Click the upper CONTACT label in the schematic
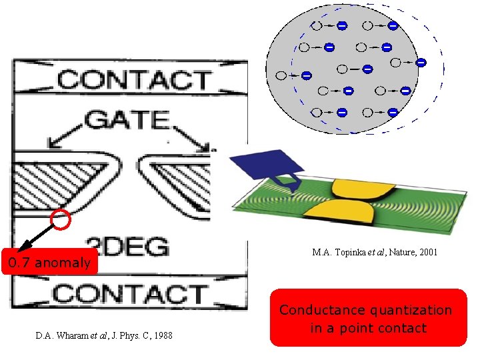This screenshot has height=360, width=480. pyautogui.click(x=133, y=80)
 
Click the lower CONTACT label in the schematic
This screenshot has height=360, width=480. pyautogui.click(x=131, y=294)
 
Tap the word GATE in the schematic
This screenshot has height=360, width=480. pyautogui.click(x=126, y=120)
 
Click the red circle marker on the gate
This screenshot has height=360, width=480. pyautogui.click(x=61, y=219)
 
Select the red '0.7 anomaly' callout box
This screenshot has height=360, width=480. pyautogui.click(x=50, y=262)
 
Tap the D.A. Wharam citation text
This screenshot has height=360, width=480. pyautogui.click(x=103, y=335)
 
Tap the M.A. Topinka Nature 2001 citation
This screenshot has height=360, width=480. pyautogui.click(x=374, y=253)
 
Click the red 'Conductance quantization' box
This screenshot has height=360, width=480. pyautogui.click(x=369, y=318)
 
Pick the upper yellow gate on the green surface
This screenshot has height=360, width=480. pyautogui.click(x=353, y=191)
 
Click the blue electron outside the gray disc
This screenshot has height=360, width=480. pyautogui.click(x=421, y=63)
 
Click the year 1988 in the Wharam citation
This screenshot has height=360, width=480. pyautogui.click(x=161, y=335)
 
